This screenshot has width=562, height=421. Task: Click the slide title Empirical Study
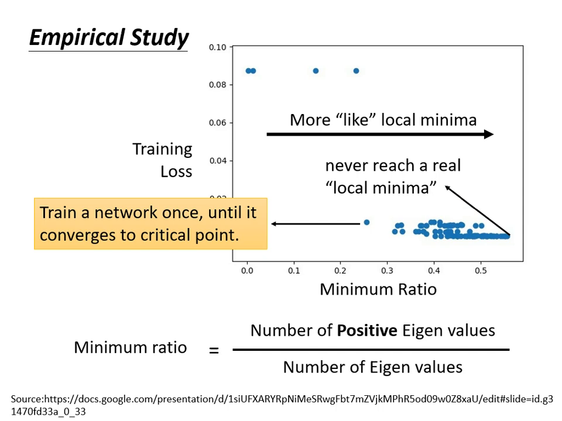109,37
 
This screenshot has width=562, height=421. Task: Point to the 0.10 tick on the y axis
217,47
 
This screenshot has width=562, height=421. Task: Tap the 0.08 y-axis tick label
217,85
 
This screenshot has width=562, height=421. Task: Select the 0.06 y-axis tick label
217,123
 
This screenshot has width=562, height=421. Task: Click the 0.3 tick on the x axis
387,271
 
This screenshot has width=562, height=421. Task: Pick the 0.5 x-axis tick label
481,271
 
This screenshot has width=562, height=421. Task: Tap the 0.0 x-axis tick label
247,271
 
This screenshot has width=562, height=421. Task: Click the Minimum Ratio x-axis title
378,289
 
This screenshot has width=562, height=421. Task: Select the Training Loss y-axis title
163,160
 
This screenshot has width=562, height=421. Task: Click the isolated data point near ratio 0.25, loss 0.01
366,222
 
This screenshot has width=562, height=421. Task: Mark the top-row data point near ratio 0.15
316,71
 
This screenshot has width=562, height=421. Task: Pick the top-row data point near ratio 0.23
356,71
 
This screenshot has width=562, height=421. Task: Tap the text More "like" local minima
383,120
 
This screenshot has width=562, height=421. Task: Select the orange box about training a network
150,223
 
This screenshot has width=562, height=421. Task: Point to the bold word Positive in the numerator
366,330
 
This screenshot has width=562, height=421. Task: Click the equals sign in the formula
214,351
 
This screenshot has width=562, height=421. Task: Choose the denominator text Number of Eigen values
372,367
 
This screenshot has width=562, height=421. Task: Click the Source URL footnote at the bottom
281,404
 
